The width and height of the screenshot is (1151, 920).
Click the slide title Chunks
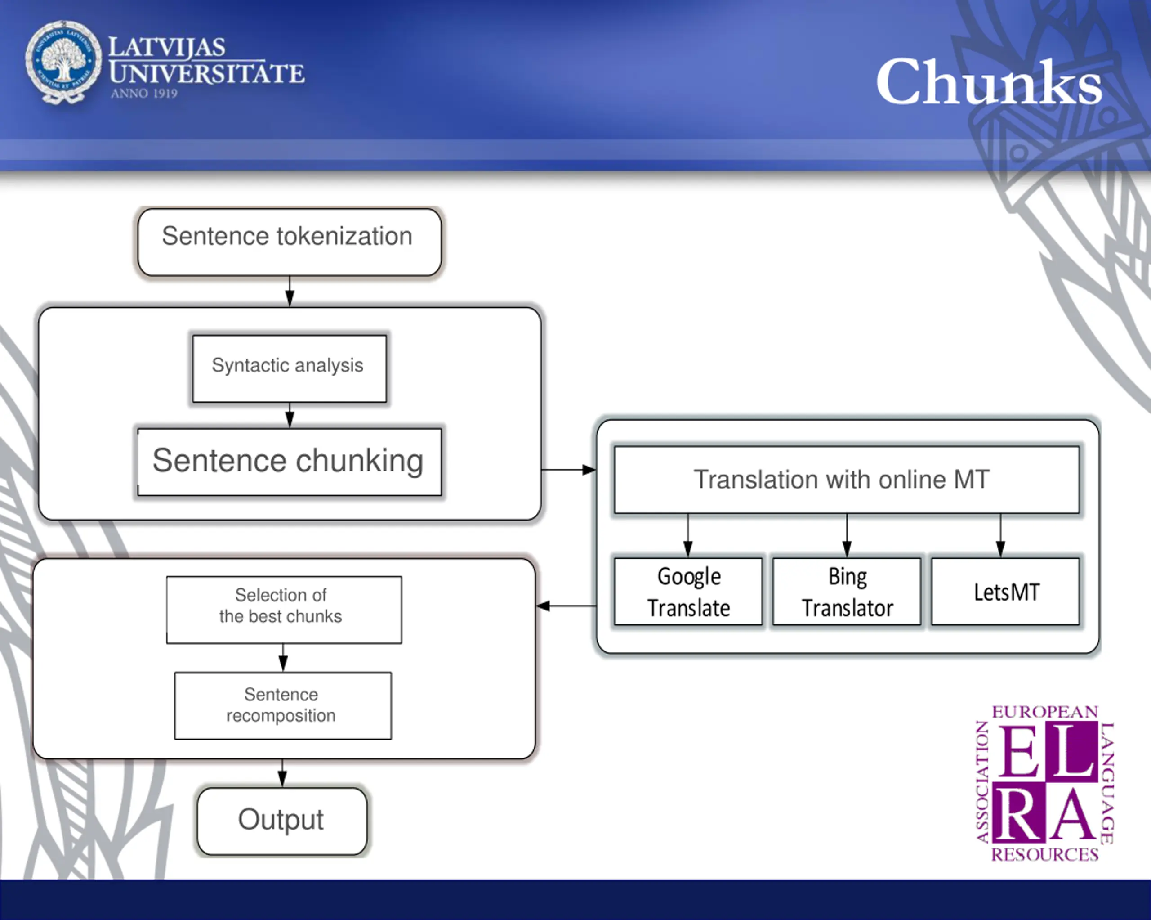pyautogui.click(x=989, y=82)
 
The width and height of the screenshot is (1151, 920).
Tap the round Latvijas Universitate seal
pyautogui.click(x=63, y=62)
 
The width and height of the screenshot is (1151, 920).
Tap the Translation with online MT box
pyautogui.click(x=847, y=480)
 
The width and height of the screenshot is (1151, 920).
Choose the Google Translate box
pyautogui.click(x=688, y=592)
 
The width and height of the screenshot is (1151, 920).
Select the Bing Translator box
pyautogui.click(x=847, y=592)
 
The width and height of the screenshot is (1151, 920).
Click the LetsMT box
pyautogui.click(x=1005, y=592)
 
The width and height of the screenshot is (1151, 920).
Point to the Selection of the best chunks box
pyautogui.click(x=284, y=610)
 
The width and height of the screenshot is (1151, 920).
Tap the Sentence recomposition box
pyautogui.click(x=283, y=706)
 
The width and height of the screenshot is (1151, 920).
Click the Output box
pyautogui.click(x=282, y=821)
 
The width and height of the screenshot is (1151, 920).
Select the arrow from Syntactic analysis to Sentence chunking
pyautogui.click(x=290, y=415)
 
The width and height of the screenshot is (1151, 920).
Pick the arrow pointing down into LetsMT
pyautogui.click(x=1000, y=535)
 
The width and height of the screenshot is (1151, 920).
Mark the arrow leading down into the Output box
pyautogui.click(x=282, y=773)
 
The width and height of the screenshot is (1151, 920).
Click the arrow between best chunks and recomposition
pyautogui.click(x=283, y=658)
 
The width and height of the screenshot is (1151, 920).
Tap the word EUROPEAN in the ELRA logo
pyautogui.click(x=1045, y=712)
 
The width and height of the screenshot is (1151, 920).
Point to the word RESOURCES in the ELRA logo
pyautogui.click(x=1045, y=854)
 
